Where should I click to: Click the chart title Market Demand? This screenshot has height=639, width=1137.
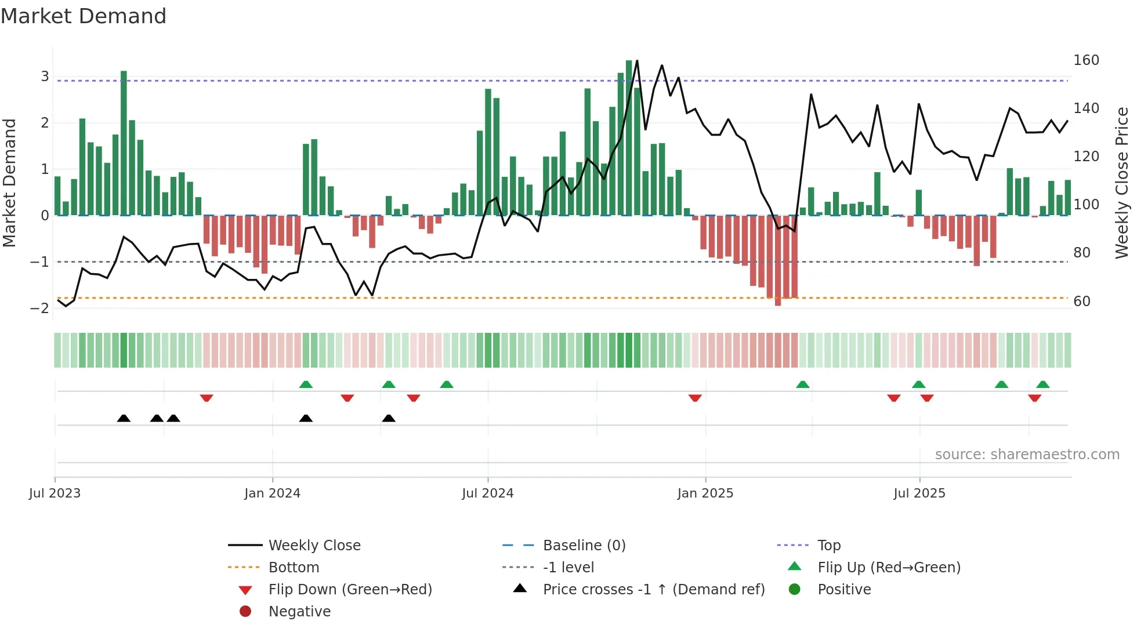coord(84,16)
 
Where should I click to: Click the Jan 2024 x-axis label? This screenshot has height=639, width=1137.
coord(272,493)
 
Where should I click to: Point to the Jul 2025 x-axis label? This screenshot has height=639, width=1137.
coord(919,493)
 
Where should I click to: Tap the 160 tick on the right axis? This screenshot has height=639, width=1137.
coord(1086,60)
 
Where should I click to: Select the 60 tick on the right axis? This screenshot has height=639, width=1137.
coord(1082,302)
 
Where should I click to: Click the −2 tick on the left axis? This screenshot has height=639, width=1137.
coord(39,308)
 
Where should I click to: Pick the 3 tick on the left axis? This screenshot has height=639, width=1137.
coord(45,77)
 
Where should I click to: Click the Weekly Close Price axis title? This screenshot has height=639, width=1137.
coord(1122,183)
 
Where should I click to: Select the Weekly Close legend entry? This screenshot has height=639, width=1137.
coord(314,546)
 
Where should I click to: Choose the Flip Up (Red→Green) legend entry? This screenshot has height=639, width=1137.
coord(889,568)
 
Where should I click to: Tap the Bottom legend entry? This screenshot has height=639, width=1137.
coord(294,568)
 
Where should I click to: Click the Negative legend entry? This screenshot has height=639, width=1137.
coord(299,612)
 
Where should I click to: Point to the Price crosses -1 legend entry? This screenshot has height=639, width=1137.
coord(653,590)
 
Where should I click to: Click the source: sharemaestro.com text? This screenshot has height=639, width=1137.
coord(1027,455)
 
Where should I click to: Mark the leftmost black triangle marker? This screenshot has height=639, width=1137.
coord(124,418)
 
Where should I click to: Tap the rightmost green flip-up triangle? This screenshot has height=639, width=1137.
coord(1042,384)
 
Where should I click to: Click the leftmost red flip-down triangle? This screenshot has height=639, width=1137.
coord(207,398)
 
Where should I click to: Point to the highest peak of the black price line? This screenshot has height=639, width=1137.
coord(637,60)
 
